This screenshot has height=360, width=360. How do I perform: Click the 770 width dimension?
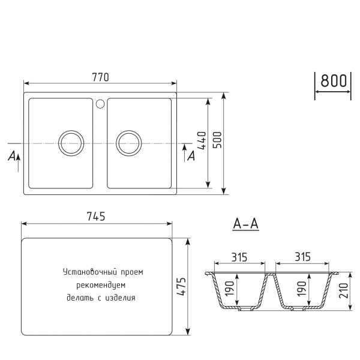(x=101, y=77)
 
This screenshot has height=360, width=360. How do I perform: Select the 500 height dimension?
(x=218, y=143)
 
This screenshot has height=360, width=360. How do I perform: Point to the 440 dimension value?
(x=202, y=142)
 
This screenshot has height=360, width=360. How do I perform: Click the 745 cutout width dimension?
(x=97, y=217)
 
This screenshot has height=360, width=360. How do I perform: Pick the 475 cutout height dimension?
(x=181, y=287)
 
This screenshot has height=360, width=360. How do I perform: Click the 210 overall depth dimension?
(x=343, y=291)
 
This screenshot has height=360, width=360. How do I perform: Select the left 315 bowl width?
(x=239, y=257)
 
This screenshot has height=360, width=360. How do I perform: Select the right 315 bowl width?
(x=302, y=257)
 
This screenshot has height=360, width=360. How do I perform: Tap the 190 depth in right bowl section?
(x=301, y=289)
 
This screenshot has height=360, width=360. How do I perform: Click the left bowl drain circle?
(x=71, y=143)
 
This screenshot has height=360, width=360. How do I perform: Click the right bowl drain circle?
(x=128, y=143)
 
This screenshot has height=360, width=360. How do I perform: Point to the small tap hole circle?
(x=100, y=103)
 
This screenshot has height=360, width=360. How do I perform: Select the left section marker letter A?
(x=11, y=157)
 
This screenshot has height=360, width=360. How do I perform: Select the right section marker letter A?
(x=191, y=157)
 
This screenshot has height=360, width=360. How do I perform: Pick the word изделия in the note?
(x=119, y=297)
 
